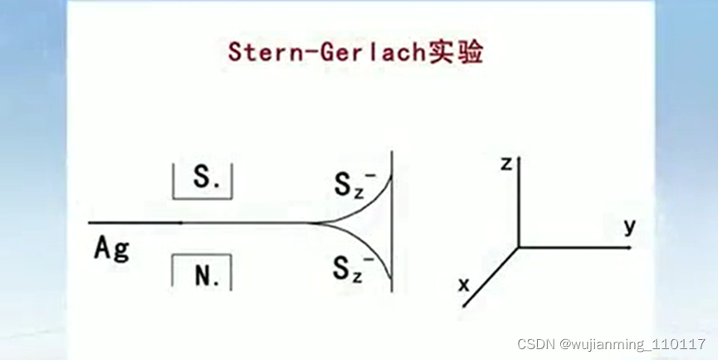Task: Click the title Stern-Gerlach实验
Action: (355, 52)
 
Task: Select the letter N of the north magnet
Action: (202, 275)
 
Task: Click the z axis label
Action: (505, 163)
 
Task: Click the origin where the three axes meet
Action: (519, 246)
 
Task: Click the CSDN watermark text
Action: (536, 343)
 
